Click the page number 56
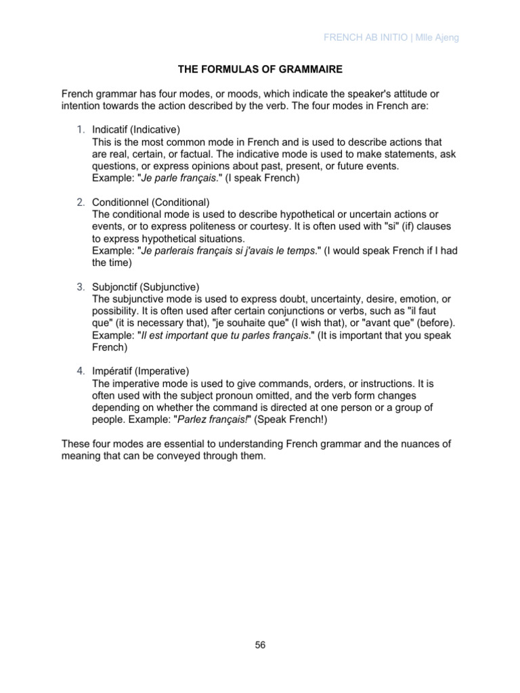click(x=260, y=645)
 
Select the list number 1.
click(x=80, y=129)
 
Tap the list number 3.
click(x=80, y=287)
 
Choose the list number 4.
click(x=80, y=372)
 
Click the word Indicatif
click(x=113, y=129)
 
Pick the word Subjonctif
click(x=117, y=287)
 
